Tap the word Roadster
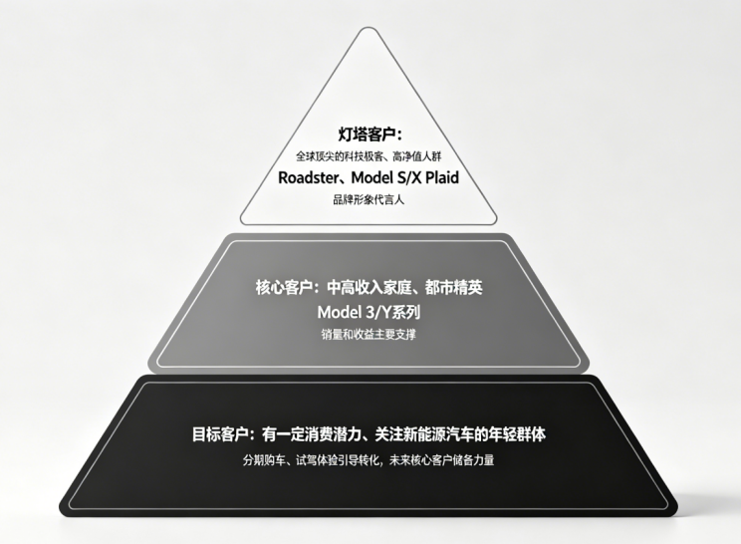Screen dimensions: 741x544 point(308,177)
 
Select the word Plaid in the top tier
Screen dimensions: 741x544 point(442,177)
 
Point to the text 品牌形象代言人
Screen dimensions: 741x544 point(369,199)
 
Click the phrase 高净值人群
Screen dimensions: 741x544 point(416,156)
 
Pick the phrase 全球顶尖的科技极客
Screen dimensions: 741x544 point(340,156)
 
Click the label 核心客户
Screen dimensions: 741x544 point(284,287)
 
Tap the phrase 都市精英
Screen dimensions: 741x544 point(454,287)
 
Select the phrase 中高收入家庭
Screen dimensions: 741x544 point(370,287)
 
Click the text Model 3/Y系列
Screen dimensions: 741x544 point(369,312)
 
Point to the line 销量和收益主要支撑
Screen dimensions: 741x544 point(369,335)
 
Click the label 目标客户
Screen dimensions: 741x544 point(220,433)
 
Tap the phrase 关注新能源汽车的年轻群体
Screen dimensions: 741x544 point(460,433)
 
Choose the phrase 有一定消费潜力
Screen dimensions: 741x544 point(313,433)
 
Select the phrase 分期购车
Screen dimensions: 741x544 point(264,460)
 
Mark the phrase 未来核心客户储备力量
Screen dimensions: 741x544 point(442,460)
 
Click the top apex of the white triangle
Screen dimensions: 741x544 point(369,28)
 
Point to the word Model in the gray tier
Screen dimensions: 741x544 point(338,312)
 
